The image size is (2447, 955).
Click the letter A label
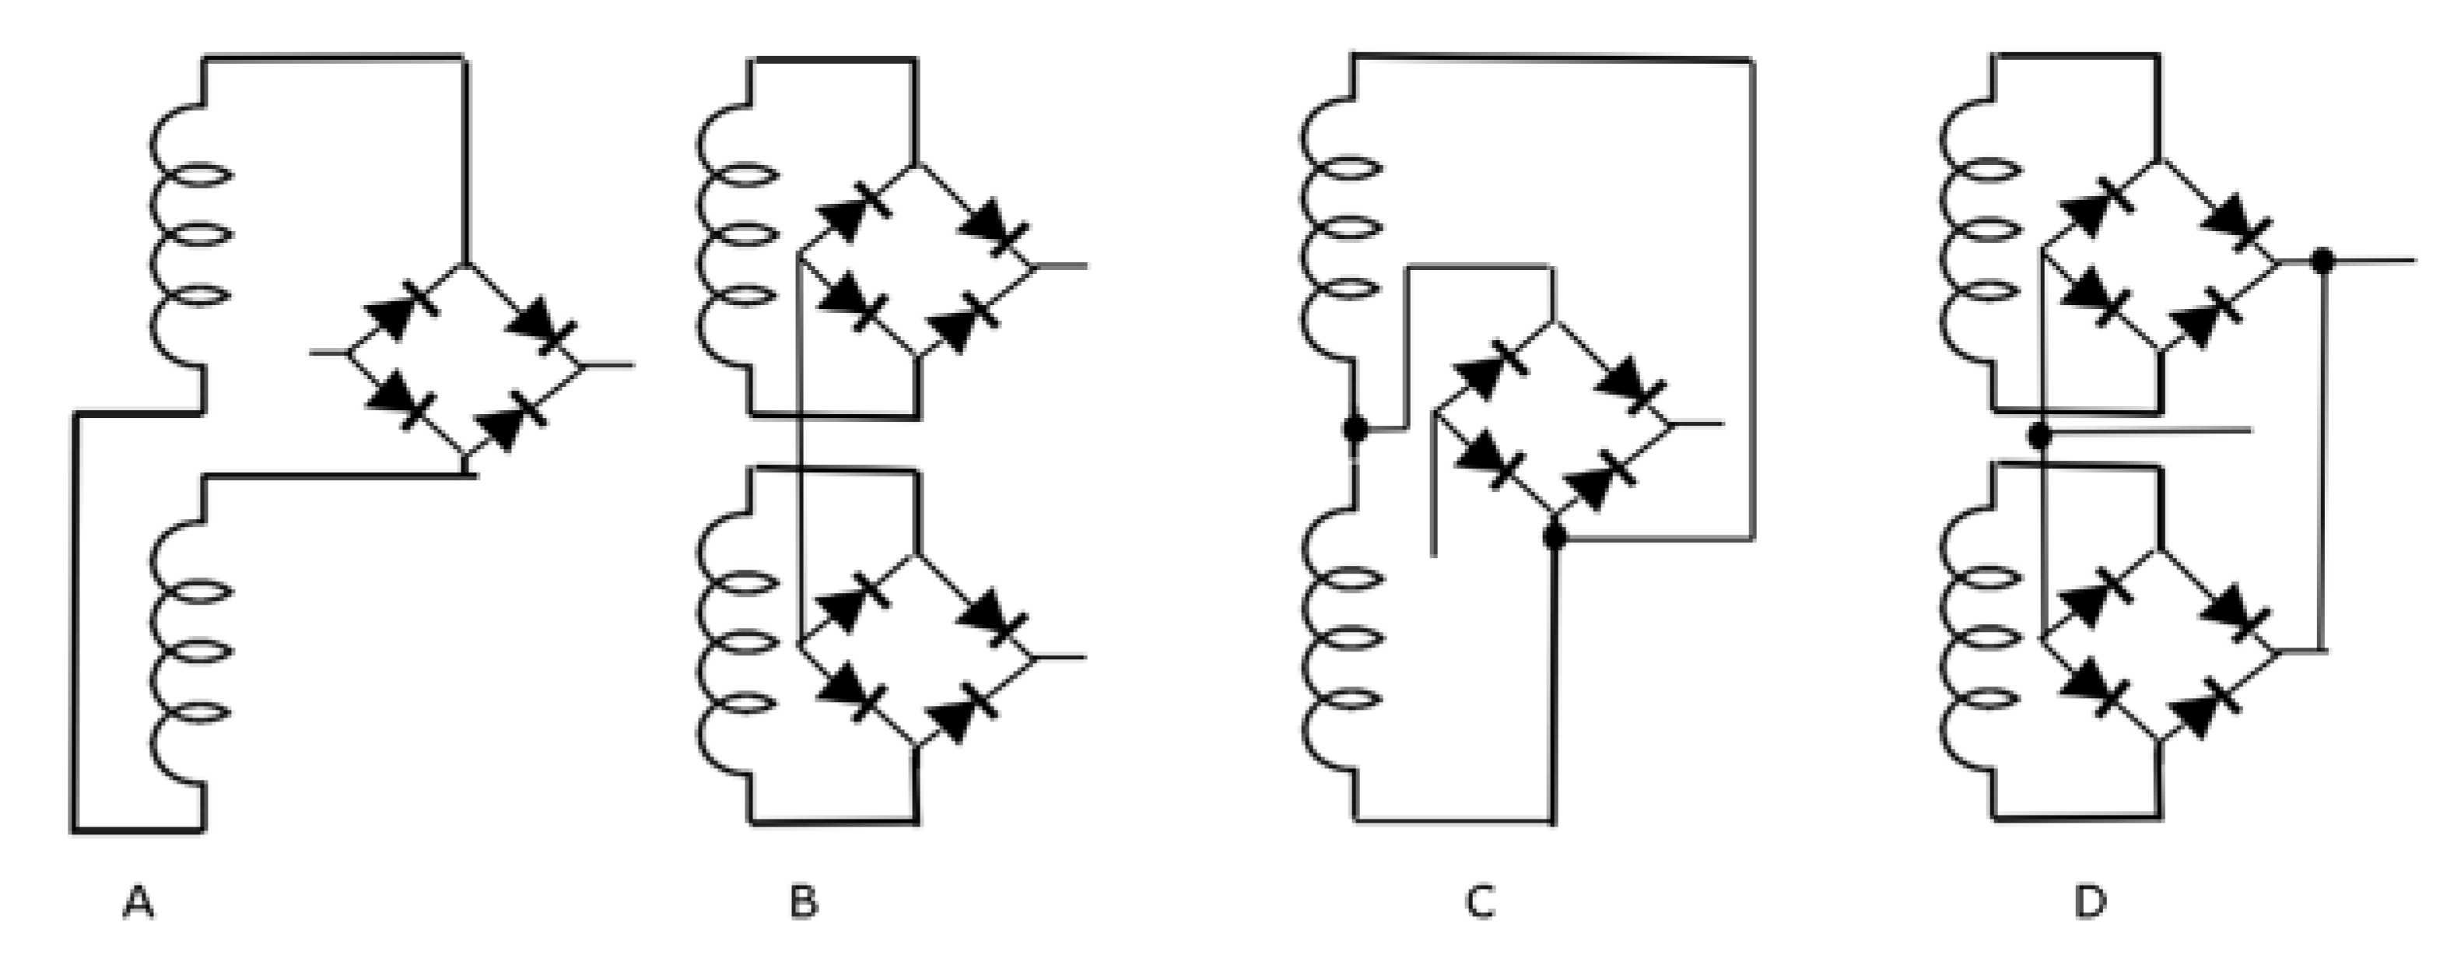click(x=138, y=903)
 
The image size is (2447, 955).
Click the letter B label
click(x=804, y=903)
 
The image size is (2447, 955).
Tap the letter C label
click(x=1480, y=903)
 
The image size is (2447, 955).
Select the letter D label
click(x=2090, y=903)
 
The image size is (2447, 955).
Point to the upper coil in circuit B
click(x=738, y=237)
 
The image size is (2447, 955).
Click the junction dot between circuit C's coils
click(x=1355, y=429)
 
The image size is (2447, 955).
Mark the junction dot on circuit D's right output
click(x=2323, y=258)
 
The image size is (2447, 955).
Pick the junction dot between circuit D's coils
click(x=2039, y=436)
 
